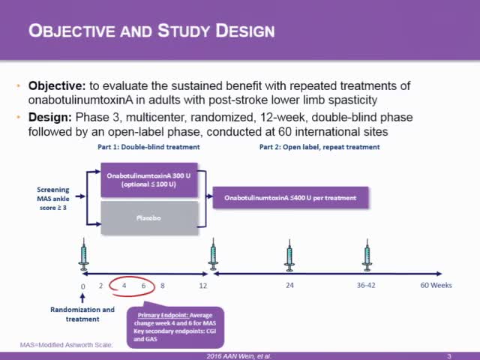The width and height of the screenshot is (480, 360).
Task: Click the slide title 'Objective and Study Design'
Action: click(151, 31)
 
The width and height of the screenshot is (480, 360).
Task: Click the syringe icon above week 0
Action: click(83, 255)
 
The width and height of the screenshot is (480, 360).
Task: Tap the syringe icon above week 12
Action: click(214, 255)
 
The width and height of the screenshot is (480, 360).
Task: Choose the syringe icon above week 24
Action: click(289, 255)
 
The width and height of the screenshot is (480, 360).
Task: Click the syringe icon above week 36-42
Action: click(367, 255)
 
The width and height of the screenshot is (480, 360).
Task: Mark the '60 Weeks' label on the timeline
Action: click(435, 286)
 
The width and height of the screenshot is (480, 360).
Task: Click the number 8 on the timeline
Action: click(162, 286)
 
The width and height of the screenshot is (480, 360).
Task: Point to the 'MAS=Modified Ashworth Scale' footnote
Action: click(66, 345)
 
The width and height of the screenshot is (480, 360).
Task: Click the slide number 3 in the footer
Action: click(448, 355)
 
